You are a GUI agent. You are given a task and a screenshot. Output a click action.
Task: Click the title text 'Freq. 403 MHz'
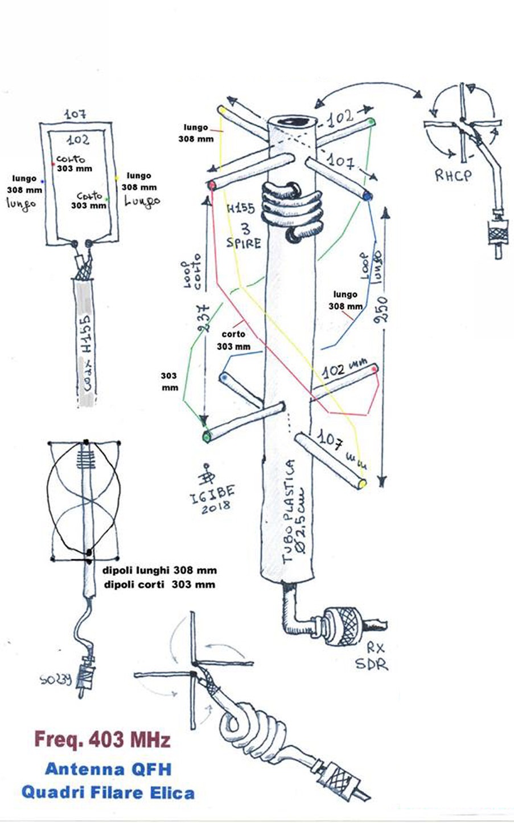coord(102,741)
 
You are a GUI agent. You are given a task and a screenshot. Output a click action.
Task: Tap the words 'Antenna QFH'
coord(108,770)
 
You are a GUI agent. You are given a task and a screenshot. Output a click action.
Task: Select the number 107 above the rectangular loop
coord(75,114)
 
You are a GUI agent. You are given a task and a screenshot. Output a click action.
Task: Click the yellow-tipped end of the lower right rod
coord(361,484)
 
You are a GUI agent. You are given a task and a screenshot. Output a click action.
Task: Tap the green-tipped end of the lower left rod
coord(207,437)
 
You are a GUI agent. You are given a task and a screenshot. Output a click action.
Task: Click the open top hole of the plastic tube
coord(290,122)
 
